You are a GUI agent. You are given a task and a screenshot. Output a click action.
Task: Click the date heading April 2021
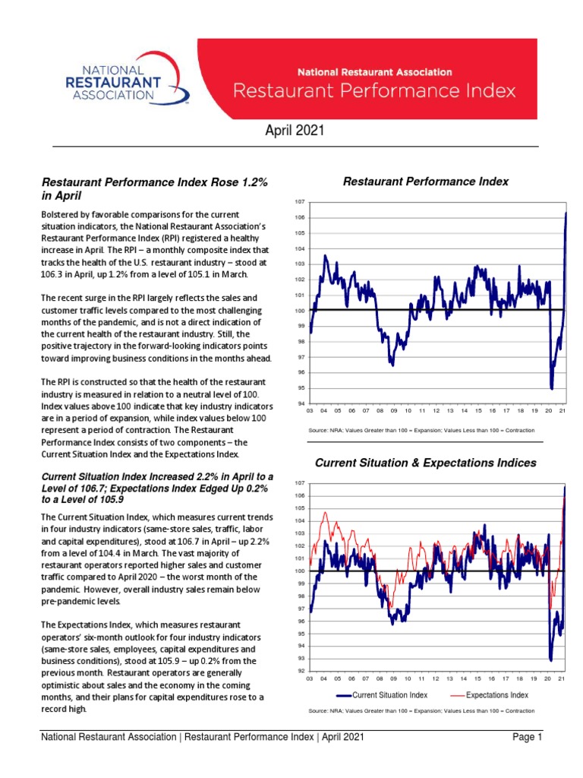295,131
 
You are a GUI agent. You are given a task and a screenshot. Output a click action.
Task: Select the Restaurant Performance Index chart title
426,182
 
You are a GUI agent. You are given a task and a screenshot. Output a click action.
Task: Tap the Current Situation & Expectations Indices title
425,463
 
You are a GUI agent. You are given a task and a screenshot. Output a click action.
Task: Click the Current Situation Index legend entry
384,694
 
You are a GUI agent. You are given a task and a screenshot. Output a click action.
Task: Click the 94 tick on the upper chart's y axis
300,403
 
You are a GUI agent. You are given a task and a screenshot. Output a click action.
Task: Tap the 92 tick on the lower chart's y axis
300,671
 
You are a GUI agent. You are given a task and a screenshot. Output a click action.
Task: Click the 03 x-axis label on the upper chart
310,411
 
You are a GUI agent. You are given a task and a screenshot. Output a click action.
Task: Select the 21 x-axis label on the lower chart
562,678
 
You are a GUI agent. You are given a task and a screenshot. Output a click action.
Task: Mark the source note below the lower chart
421,711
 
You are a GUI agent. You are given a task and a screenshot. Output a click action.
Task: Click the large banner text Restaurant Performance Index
374,91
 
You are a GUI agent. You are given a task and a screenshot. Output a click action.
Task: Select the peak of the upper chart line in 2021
566,213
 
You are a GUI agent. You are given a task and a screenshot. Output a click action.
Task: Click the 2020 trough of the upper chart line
551,388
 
